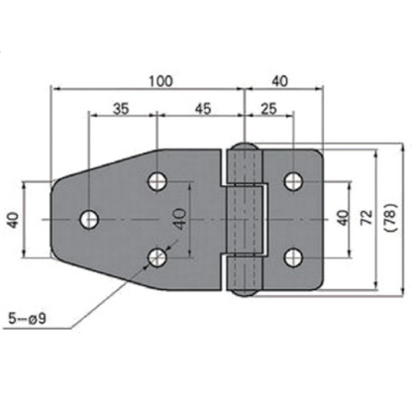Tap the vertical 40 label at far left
(13, 219)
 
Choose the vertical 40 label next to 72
(342, 219)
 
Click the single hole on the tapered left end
(89, 219)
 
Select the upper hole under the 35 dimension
(155, 181)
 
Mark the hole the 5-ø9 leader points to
(155, 257)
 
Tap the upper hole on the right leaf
(292, 181)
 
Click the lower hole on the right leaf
(292, 257)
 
